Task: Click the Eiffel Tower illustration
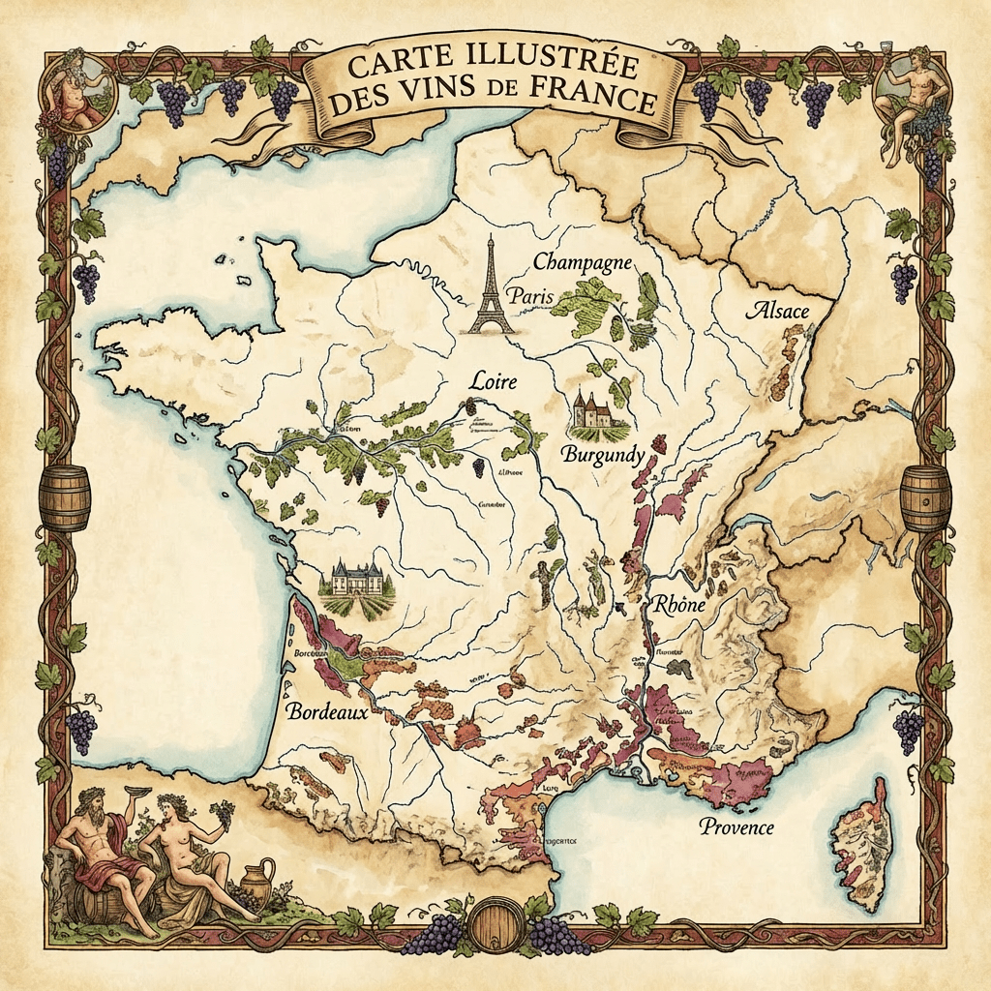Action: (x=492, y=287)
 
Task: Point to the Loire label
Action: (x=493, y=381)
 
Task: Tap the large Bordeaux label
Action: (x=329, y=711)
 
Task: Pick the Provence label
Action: (x=737, y=826)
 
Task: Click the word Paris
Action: (x=534, y=297)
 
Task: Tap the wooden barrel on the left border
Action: (x=65, y=497)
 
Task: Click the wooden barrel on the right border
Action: (x=925, y=497)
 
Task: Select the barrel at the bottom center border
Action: (x=495, y=927)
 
